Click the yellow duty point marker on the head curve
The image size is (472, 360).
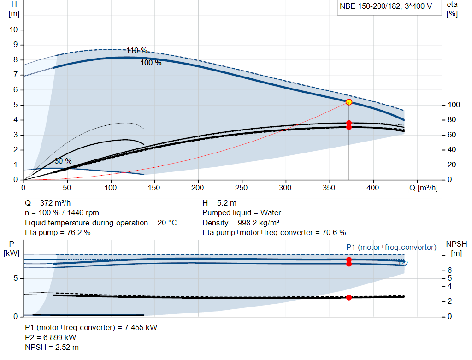(x=349, y=102)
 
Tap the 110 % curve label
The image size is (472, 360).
(x=136, y=50)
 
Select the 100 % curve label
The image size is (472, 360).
(x=151, y=63)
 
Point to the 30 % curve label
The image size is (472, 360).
(x=63, y=161)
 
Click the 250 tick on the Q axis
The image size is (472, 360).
(x=242, y=188)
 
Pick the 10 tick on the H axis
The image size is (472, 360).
(x=13, y=30)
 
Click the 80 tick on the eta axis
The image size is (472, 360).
(x=452, y=120)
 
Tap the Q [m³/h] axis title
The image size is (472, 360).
(x=424, y=188)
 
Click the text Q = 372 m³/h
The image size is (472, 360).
(x=47, y=203)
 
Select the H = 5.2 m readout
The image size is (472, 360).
(x=219, y=203)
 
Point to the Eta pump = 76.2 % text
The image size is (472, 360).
(x=58, y=232)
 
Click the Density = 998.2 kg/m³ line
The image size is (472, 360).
(x=241, y=223)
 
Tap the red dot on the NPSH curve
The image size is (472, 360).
(x=349, y=297)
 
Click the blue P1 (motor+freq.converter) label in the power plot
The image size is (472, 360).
(x=391, y=247)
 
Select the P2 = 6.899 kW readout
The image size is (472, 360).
(x=51, y=337)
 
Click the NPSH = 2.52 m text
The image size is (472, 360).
(x=52, y=347)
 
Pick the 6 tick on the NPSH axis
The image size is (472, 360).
(x=449, y=270)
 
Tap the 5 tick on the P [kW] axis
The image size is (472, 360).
(x=15, y=278)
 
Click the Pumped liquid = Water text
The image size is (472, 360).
(x=242, y=213)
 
